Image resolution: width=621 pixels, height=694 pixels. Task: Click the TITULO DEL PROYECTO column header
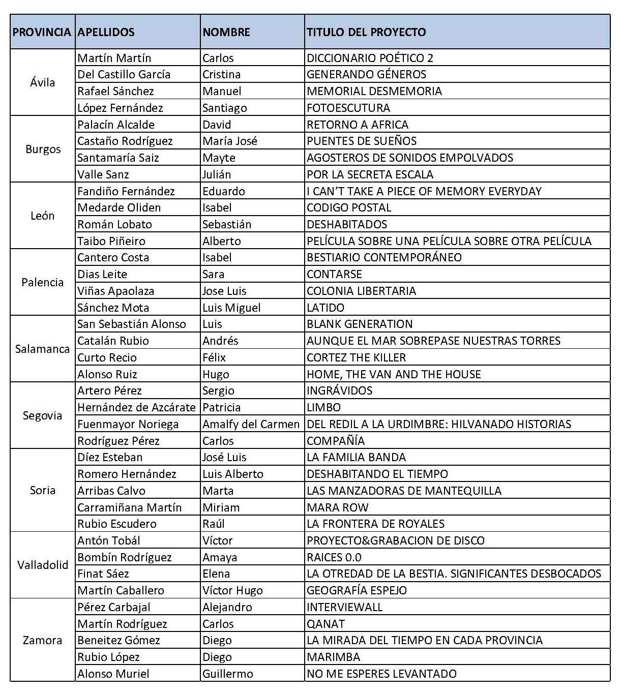366,32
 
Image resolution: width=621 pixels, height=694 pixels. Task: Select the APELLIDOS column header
106,32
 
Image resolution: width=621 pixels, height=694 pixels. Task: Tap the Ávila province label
43,82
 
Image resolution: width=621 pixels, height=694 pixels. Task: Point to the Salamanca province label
43,349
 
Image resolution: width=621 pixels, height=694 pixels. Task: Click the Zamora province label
43,640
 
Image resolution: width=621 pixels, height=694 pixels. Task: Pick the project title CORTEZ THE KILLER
357,357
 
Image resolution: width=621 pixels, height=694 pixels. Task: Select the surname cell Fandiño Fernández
126,191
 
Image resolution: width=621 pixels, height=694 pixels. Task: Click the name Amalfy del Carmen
251,424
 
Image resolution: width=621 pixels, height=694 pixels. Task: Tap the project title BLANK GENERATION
360,324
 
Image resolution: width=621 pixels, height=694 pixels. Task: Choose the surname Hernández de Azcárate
136,407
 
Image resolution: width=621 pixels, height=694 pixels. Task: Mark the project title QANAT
326,624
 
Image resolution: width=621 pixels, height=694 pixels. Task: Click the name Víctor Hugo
232,590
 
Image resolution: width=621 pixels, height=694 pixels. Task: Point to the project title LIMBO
323,407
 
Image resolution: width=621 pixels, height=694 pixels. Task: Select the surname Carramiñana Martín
129,507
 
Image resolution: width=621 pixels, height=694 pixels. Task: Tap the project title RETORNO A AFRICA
358,125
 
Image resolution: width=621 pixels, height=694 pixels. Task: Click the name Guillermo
227,674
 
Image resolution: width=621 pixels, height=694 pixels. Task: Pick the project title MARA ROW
338,507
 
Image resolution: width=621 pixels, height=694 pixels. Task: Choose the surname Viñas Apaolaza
115,291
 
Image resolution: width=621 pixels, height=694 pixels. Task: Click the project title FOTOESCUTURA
348,108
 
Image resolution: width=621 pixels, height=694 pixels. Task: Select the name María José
230,141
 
